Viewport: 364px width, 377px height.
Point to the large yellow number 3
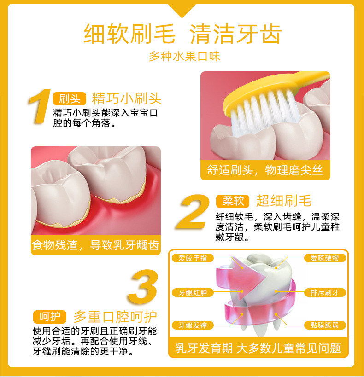tap(143, 287)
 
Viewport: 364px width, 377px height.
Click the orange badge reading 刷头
tap(69, 99)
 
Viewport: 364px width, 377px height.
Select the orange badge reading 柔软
tap(233, 201)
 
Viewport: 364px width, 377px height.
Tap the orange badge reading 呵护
tap(50, 317)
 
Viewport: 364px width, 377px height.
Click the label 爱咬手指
tap(193, 258)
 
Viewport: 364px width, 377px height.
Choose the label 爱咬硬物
tap(325, 258)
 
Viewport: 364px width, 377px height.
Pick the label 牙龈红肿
tap(193, 293)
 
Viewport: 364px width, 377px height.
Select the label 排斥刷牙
tap(325, 292)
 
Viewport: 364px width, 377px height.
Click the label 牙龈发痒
tap(193, 325)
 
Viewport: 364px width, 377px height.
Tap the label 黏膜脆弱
tap(325, 325)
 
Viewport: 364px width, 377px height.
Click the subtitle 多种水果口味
tap(185, 57)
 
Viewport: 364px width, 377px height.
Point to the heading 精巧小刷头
tap(126, 99)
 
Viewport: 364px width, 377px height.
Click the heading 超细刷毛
tap(284, 201)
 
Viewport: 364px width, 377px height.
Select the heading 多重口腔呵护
tap(115, 317)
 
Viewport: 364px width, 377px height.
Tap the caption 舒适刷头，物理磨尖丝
tap(265, 170)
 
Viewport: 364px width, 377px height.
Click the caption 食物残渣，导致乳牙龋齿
tap(95, 245)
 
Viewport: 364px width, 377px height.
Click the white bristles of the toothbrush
tap(264, 110)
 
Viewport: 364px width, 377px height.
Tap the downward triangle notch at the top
tap(182, 10)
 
